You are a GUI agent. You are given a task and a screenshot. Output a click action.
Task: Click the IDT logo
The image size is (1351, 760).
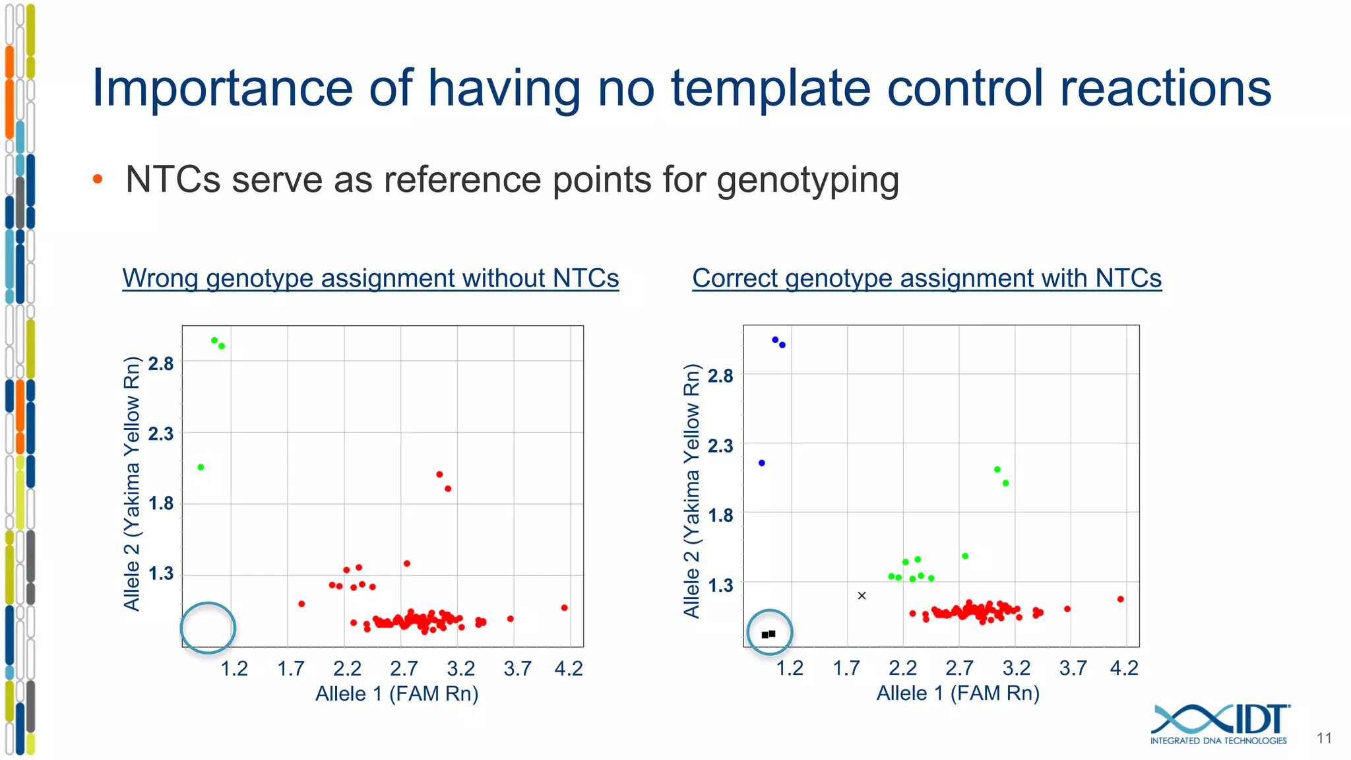click(x=1220, y=724)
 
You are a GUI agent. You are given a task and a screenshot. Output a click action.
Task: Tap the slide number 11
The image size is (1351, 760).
click(x=1324, y=738)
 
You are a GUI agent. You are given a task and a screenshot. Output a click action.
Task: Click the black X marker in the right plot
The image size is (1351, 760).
click(x=862, y=596)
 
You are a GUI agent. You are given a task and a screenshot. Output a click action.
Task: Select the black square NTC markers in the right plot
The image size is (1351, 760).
click(x=769, y=634)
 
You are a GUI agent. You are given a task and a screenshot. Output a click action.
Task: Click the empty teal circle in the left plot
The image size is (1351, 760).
click(x=208, y=627)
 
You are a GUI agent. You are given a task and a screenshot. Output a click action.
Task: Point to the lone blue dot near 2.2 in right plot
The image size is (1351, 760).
click(x=762, y=463)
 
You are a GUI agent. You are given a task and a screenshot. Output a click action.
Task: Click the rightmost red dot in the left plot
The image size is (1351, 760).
click(x=564, y=608)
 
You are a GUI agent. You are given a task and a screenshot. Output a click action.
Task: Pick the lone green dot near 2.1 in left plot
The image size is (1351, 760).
click(x=201, y=467)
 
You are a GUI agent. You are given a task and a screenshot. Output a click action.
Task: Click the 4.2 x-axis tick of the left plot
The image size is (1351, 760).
click(x=568, y=669)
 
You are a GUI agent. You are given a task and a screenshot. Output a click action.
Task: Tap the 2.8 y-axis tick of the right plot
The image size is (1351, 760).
click(x=720, y=376)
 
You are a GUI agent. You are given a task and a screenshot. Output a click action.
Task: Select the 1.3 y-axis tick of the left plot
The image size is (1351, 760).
click(x=161, y=573)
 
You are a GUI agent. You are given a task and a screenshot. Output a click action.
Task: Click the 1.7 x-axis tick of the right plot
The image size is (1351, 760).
click(x=846, y=669)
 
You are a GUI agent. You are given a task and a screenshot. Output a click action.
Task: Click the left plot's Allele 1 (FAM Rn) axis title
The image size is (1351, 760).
click(x=396, y=694)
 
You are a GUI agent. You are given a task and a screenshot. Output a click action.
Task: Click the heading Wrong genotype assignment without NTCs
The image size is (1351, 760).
click(x=370, y=278)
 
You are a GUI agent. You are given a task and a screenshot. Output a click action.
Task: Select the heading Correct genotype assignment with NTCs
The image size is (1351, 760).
click(x=927, y=278)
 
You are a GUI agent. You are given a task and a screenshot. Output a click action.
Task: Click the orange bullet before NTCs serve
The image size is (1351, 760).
click(x=98, y=179)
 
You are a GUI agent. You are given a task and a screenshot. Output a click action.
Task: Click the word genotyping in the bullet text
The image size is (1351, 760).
click(x=807, y=180)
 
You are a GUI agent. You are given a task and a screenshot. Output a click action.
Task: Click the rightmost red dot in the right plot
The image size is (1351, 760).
click(x=1121, y=599)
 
